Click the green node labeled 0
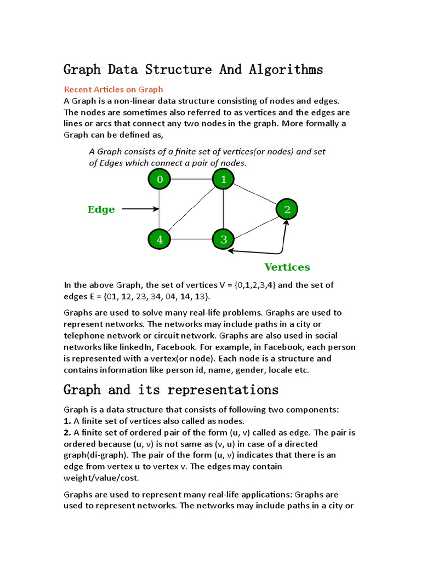(160, 179)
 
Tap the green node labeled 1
(223, 179)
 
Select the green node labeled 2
(287, 209)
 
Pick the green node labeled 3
(223, 239)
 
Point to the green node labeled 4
(160, 239)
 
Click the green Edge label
(101, 209)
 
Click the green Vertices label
(287, 267)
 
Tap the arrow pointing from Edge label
(140, 209)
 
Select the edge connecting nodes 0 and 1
(191, 179)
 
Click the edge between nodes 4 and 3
(191, 239)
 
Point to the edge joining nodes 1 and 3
(223, 209)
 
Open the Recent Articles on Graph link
(113, 89)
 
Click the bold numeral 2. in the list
(67, 432)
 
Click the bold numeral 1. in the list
(67, 421)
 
